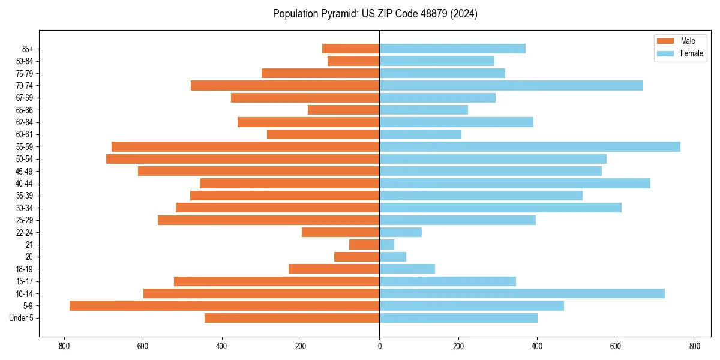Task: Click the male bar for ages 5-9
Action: (224, 305)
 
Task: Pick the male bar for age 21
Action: (364, 244)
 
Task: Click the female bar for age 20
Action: (393, 257)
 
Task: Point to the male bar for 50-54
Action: (242, 159)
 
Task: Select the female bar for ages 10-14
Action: (522, 293)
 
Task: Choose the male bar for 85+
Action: (350, 49)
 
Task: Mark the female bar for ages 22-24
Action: (401, 232)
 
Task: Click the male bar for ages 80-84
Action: (353, 61)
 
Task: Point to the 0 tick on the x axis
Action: (379, 346)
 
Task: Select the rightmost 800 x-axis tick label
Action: (694, 346)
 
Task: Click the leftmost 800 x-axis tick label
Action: (64, 346)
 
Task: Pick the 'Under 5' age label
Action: (21, 318)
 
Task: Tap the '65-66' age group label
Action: (25, 110)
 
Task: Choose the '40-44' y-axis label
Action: (25, 183)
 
